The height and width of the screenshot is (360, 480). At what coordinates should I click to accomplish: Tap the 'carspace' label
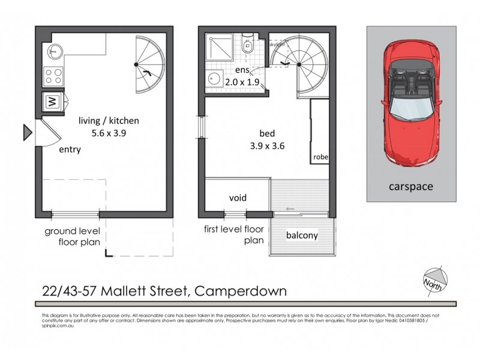tap(411, 187)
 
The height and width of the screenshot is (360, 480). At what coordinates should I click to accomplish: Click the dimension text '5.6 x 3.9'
tap(111, 135)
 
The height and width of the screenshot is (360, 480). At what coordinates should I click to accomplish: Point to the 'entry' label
tap(70, 150)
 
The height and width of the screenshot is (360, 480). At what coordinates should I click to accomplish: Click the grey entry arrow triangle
tap(27, 132)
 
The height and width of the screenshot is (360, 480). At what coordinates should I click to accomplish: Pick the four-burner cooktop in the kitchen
tap(53, 76)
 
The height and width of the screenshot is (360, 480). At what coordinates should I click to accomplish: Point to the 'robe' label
tap(320, 158)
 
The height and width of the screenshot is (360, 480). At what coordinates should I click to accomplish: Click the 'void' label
tap(238, 197)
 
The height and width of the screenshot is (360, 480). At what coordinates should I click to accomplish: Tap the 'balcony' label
tap(302, 235)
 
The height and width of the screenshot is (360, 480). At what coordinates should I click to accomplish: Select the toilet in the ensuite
tap(247, 46)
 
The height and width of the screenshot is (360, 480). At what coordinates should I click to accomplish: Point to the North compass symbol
tap(433, 278)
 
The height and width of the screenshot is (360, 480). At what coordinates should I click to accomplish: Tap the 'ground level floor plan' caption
tap(73, 237)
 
